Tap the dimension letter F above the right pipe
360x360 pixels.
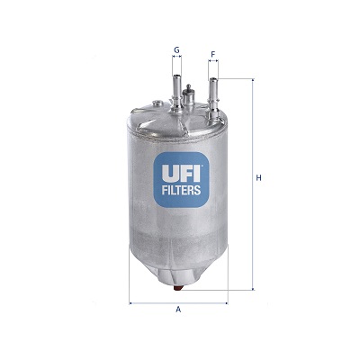click(x=213, y=54)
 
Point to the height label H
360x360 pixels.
click(x=259, y=178)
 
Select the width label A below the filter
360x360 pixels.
click(x=178, y=310)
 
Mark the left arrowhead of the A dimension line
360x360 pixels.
click(x=132, y=301)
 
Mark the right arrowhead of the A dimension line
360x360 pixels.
click(x=225, y=301)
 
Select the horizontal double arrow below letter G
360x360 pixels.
click(x=176, y=59)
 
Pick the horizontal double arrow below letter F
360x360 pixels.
click(x=213, y=64)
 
